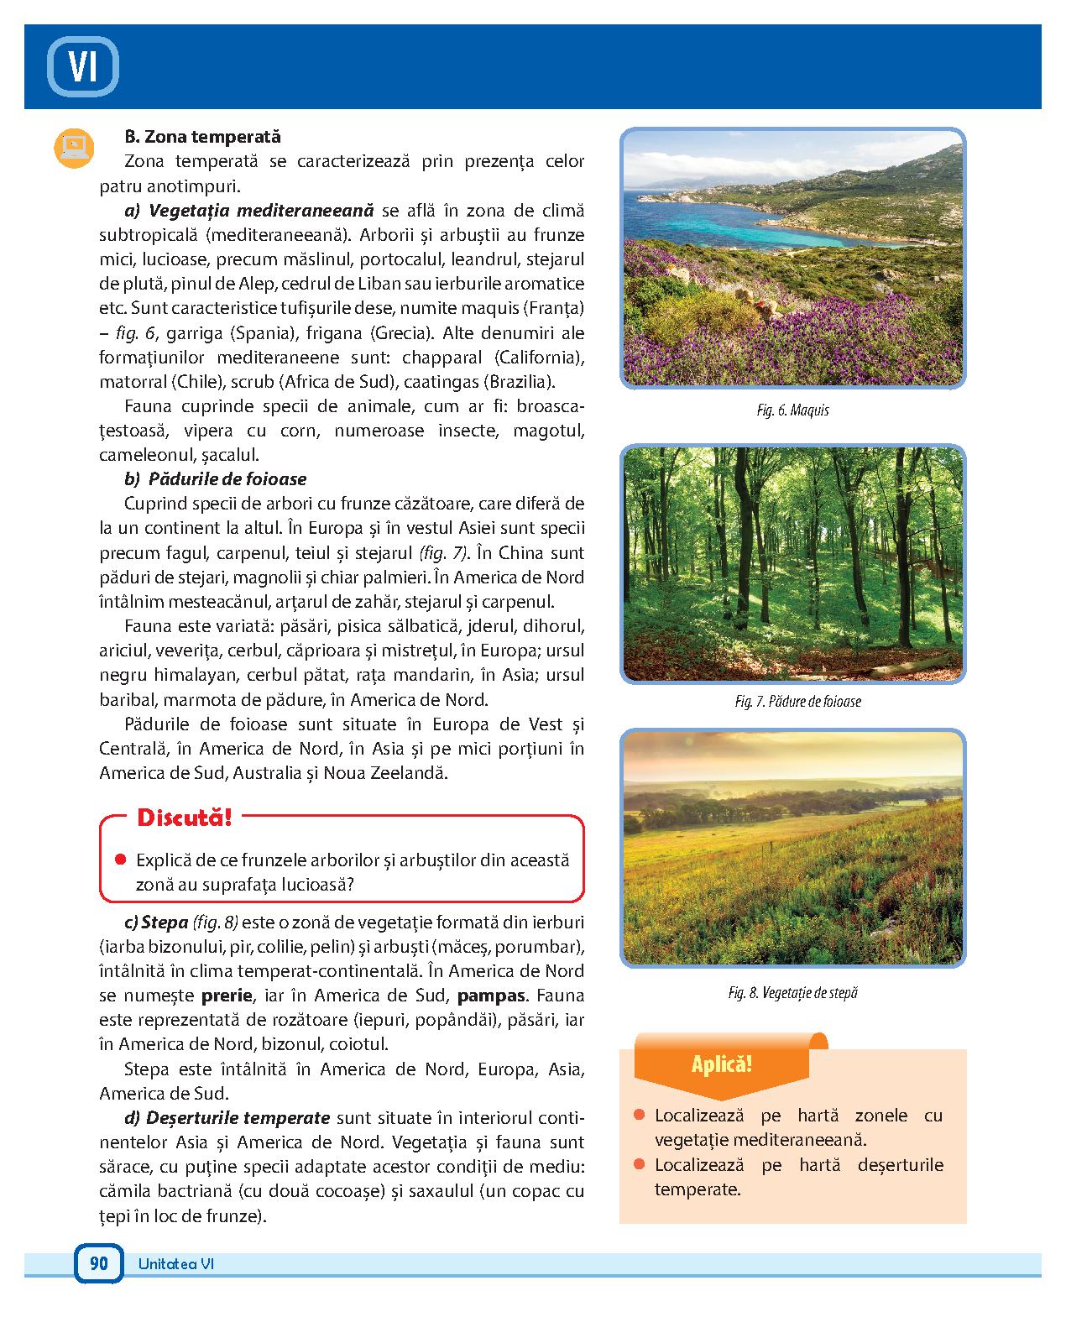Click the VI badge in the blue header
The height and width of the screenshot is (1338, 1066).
pos(82,66)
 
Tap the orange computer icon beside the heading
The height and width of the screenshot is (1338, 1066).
pos(74,147)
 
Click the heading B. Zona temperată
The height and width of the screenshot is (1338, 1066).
pos(202,137)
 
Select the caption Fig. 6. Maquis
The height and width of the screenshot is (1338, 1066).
pos(792,410)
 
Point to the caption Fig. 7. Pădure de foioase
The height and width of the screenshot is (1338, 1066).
pos(797,702)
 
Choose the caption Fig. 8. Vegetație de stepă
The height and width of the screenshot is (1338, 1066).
pos(793,993)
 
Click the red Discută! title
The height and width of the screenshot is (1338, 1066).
pos(183,817)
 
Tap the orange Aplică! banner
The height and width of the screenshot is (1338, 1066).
pos(721,1065)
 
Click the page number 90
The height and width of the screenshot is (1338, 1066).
pos(99,1263)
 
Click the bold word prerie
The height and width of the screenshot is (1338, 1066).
pos(227,996)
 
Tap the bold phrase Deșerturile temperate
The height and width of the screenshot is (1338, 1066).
pos(238,1118)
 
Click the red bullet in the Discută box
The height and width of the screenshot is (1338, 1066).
pos(120,860)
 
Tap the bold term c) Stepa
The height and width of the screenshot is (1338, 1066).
pos(156,922)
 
